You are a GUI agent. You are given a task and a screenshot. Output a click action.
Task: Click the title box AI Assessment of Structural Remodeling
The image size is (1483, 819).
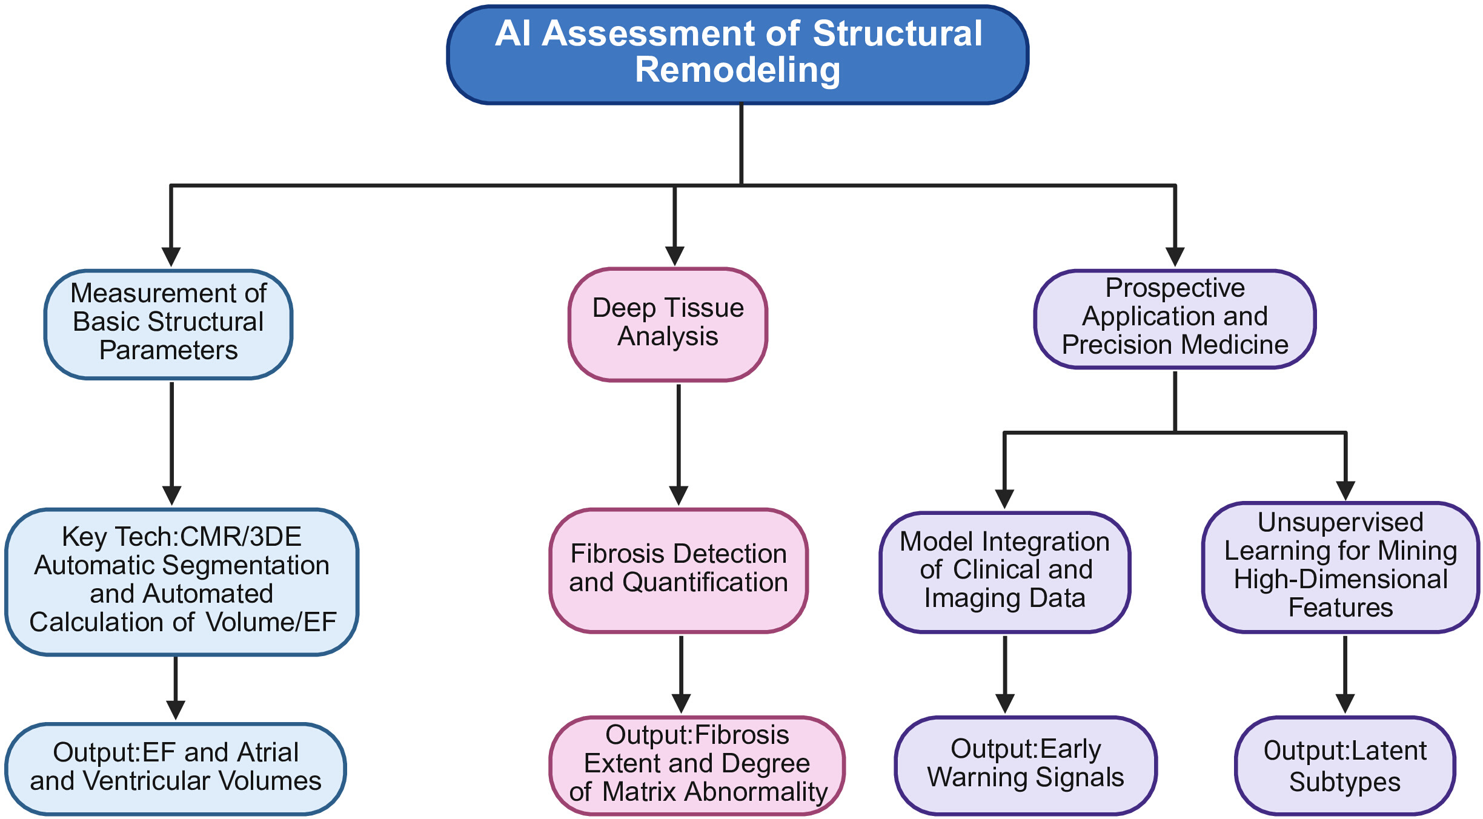[737, 55]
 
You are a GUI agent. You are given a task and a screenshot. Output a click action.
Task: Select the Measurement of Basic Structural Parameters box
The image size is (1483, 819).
[168, 325]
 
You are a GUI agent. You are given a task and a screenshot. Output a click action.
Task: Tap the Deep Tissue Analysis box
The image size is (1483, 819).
[668, 325]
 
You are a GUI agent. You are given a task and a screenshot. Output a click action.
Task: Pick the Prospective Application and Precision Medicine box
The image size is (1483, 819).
[1175, 319]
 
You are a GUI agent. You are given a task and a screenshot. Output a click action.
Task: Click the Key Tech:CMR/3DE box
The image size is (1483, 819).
[182, 582]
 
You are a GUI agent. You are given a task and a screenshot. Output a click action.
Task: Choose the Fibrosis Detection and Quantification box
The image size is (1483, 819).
[678, 571]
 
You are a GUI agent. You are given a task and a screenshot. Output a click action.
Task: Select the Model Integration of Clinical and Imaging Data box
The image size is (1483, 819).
[1005, 572]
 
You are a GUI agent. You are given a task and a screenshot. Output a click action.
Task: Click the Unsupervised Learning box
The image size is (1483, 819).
[1341, 568]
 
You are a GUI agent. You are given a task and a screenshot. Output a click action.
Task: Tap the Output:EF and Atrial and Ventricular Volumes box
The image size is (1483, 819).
[176, 769]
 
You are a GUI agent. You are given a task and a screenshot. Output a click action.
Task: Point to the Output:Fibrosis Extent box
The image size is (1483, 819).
[697, 766]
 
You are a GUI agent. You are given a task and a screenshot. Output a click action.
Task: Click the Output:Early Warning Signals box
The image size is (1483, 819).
[1026, 766]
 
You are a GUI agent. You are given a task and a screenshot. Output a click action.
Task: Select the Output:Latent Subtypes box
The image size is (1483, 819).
[1345, 766]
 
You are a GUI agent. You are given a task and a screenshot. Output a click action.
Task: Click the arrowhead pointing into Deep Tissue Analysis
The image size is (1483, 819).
[675, 256]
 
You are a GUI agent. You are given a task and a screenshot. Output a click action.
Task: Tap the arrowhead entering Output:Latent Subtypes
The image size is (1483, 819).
[1345, 704]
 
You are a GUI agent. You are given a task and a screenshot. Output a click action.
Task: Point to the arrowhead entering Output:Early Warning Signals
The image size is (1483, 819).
[1005, 704]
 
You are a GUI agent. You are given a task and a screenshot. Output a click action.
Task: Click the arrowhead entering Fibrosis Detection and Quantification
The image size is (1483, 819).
[678, 496]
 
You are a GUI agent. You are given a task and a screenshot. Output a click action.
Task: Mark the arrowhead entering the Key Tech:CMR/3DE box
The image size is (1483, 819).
[172, 496]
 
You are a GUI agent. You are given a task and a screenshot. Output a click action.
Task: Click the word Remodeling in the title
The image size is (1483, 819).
[737, 70]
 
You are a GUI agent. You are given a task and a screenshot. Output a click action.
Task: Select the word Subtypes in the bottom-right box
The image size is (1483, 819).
[1345, 782]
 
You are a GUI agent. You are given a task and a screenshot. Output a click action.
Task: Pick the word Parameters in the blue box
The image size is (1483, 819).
[168, 351]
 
